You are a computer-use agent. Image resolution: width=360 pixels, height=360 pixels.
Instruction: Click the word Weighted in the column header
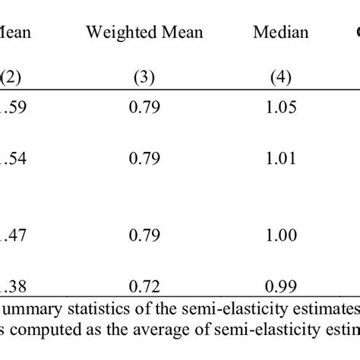click(115, 32)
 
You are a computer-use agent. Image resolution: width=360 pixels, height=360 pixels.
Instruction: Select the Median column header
click(281, 32)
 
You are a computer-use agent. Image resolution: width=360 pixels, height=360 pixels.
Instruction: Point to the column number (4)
click(281, 76)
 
